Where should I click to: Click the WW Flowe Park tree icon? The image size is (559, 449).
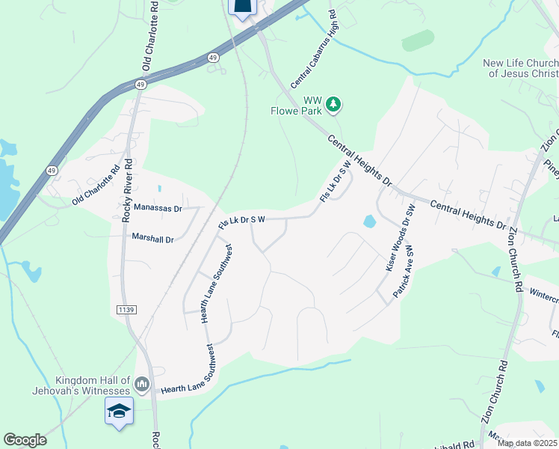click(x=335, y=104)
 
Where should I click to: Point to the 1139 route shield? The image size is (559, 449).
click(x=126, y=309)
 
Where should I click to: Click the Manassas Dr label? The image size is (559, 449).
click(x=158, y=209)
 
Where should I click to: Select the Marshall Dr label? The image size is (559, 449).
click(x=152, y=239)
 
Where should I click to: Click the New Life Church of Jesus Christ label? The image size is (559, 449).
click(x=521, y=68)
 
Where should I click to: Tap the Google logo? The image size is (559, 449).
click(x=25, y=440)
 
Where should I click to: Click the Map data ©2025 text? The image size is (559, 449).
click(x=528, y=443)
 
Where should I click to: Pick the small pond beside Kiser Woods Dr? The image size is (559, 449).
click(x=368, y=222)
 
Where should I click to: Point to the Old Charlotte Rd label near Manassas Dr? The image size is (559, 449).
click(x=96, y=186)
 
